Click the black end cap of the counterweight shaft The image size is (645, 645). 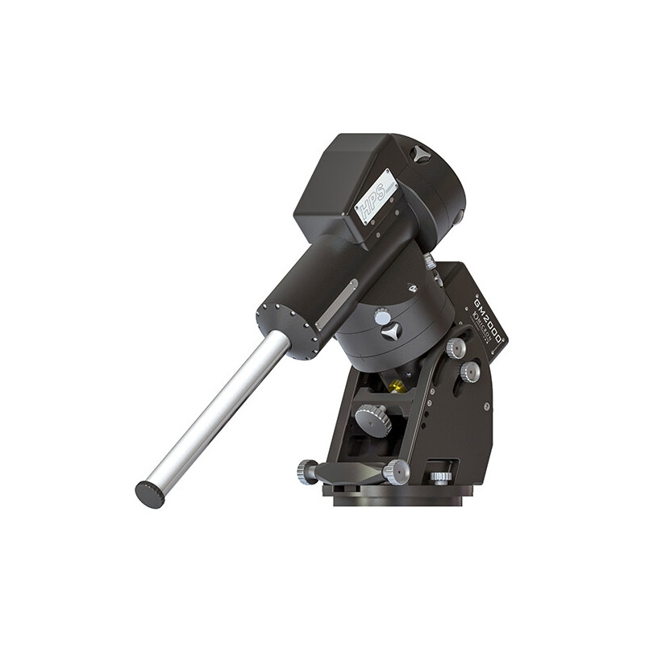(150, 493)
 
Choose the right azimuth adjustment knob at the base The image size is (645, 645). (396, 472)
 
